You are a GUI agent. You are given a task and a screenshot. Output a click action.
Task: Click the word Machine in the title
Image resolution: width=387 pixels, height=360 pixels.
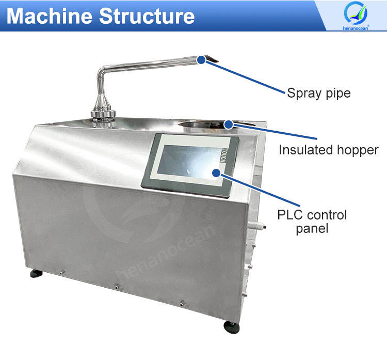pyautogui.click(x=50, y=16)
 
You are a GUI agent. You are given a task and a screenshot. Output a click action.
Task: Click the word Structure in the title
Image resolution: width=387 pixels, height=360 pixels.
pyautogui.click(x=147, y=16)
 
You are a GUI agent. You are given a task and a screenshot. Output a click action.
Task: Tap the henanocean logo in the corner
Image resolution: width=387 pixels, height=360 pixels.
pyautogui.click(x=356, y=15)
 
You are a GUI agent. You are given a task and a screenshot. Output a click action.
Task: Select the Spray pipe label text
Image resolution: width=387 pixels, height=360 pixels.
pyautogui.click(x=319, y=93)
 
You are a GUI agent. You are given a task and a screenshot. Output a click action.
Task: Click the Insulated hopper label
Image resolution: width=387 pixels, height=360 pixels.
pyautogui.click(x=329, y=150)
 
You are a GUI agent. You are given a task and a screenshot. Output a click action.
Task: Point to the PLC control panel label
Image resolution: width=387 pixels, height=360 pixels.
pyautogui.click(x=312, y=222)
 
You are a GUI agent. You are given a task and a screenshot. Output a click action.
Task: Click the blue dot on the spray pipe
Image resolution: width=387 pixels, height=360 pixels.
pyautogui.click(x=201, y=59)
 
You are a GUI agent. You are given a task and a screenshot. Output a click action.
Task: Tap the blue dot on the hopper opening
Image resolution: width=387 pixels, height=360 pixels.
pyautogui.click(x=229, y=124)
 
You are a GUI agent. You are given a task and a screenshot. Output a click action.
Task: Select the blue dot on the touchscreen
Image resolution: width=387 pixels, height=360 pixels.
pyautogui.click(x=216, y=173)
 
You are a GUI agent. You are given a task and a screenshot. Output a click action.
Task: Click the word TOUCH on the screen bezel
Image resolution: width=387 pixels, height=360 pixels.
pyautogui.click(x=223, y=155)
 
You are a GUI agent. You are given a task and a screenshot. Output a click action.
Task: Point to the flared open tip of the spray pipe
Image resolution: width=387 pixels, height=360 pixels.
pyautogui.click(x=212, y=59)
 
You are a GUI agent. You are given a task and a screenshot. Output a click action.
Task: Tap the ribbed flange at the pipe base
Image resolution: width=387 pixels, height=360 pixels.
pyautogui.click(x=103, y=114)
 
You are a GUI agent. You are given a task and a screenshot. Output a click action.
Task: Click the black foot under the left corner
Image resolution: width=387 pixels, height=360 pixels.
pyautogui.click(x=36, y=273)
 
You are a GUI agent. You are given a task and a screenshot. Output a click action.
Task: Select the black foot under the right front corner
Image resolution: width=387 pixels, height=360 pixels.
pyautogui.click(x=232, y=327)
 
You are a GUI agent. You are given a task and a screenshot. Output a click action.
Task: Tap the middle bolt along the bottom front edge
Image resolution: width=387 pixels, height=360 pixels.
pyautogui.click(x=118, y=286)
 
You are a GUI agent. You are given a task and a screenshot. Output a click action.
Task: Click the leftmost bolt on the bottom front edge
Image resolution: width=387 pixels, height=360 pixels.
pyautogui.click(x=62, y=272)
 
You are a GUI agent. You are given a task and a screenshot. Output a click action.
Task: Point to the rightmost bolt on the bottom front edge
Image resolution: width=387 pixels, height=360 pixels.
pyautogui.click(x=182, y=303)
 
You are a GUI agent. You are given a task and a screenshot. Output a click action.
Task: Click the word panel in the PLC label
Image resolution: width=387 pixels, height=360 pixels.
pyautogui.click(x=312, y=228)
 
